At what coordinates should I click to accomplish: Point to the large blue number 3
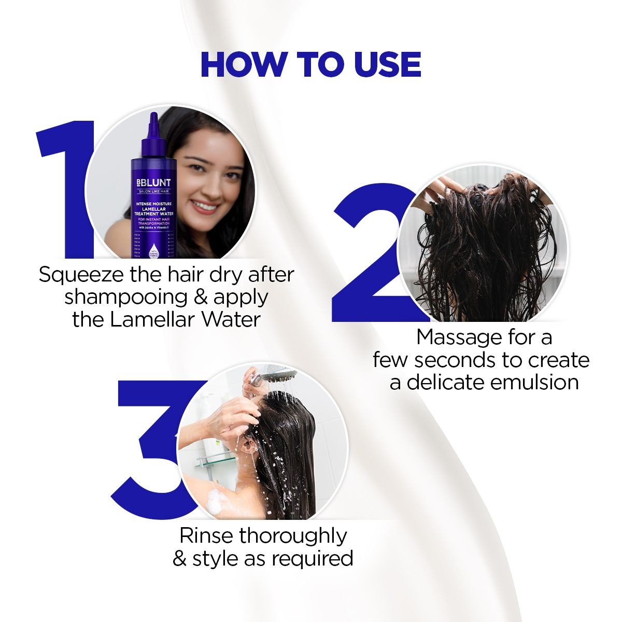(x=150, y=446)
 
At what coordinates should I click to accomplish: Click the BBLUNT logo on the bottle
(x=153, y=183)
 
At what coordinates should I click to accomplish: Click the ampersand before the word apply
(x=199, y=297)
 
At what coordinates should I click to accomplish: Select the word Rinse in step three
(x=206, y=535)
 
